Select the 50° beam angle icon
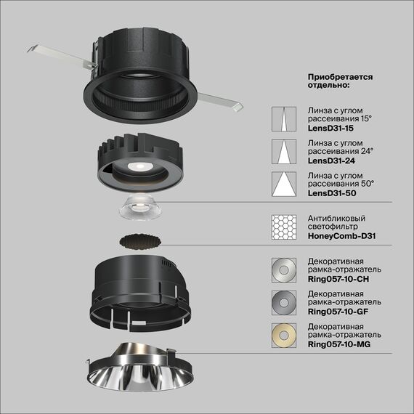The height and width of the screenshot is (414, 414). click(x=283, y=184)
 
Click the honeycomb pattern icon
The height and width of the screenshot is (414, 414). click(x=283, y=228)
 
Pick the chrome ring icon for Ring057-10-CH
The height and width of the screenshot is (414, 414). click(x=283, y=269)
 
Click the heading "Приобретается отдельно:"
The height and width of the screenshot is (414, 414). click(x=339, y=80)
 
